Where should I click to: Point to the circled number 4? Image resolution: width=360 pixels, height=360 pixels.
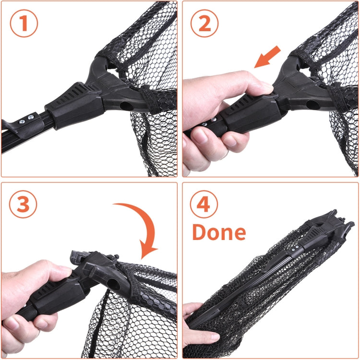[205, 204]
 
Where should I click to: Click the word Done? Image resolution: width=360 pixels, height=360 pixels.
[219, 232]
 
